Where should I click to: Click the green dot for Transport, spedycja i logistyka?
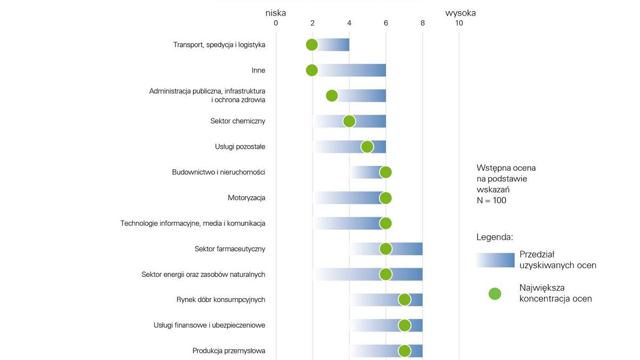click(312, 45)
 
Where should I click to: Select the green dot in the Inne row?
click(312, 70)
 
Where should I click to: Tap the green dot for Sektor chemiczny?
click(349, 121)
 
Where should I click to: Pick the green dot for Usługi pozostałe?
click(367, 147)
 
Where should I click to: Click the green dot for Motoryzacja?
click(386, 198)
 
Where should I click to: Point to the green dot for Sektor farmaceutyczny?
click(386, 249)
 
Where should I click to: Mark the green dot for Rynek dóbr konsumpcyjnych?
click(404, 300)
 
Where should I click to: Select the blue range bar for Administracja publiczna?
click(363, 96)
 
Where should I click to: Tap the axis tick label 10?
click(459, 23)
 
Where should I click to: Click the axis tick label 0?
click(276, 23)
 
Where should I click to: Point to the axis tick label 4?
click(349, 23)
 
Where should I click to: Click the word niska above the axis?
click(276, 13)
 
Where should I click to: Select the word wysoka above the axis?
click(460, 13)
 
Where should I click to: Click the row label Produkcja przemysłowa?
click(229, 351)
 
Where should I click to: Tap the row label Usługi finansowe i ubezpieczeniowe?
click(209, 325)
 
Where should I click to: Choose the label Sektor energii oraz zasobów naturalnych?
click(203, 275)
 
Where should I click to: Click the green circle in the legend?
click(495, 293)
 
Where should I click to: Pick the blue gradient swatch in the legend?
click(495, 260)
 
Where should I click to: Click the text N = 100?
click(491, 201)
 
